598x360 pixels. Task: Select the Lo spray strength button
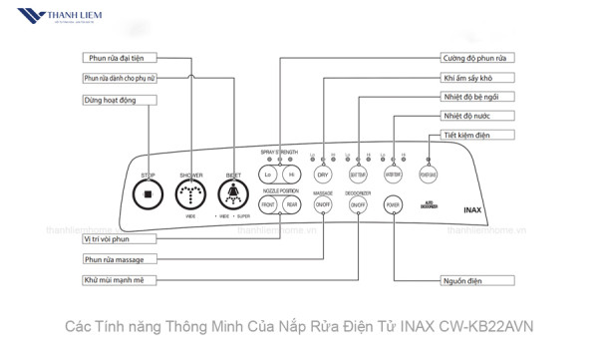[x=268, y=175]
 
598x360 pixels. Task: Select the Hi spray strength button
[x=291, y=175]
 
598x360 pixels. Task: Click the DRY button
[x=323, y=175]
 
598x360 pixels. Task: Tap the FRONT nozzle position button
[x=268, y=204]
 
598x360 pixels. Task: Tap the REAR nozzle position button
[x=291, y=204]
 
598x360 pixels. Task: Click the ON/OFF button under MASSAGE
[x=323, y=204]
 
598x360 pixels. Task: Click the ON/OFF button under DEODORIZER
[x=358, y=204]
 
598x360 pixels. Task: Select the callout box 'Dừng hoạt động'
[x=119, y=100]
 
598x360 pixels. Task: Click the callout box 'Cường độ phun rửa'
[x=478, y=59]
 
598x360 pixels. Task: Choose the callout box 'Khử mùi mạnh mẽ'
[x=119, y=280]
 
